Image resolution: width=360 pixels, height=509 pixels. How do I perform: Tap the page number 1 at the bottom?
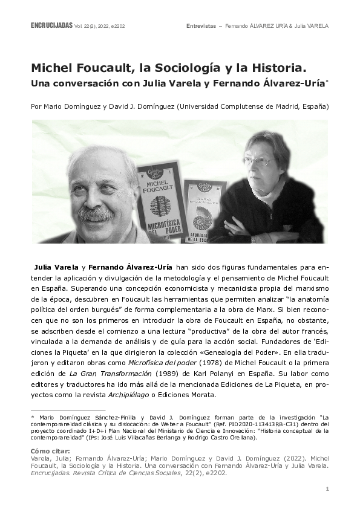point(327,488)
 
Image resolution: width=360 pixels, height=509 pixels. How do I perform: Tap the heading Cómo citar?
point(50,450)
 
